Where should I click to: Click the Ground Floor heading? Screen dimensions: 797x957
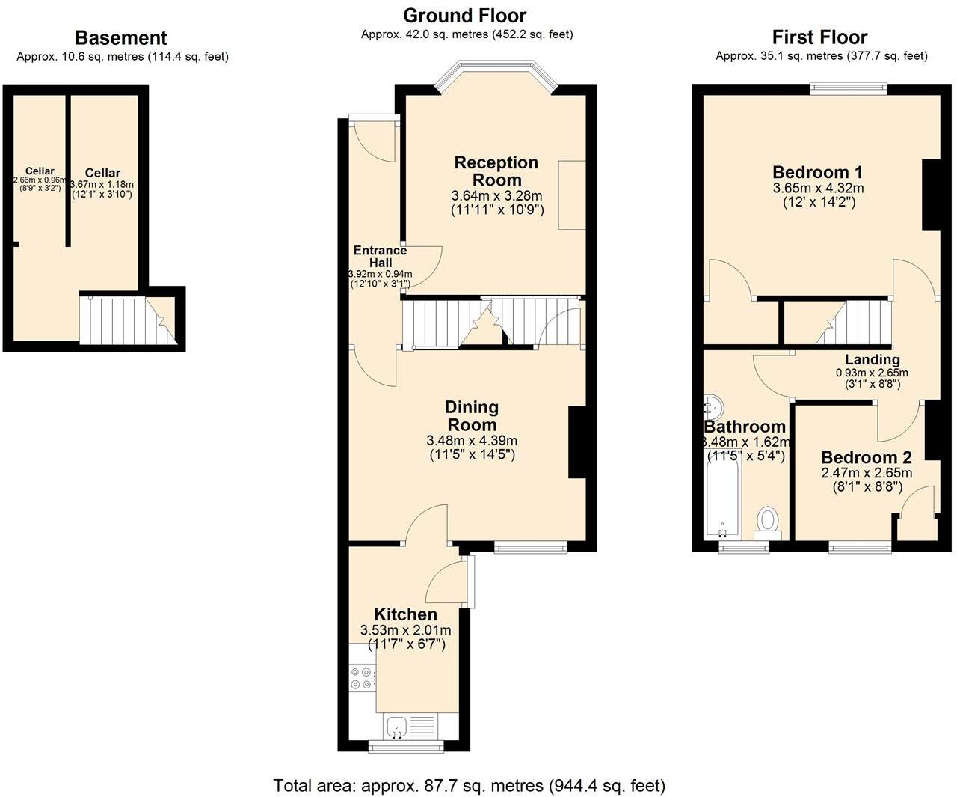pyautogui.click(x=464, y=16)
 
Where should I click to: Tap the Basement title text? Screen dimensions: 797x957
pyautogui.click(x=120, y=38)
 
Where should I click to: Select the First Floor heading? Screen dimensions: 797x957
pyautogui.click(x=819, y=37)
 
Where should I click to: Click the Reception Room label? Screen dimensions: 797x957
pyautogui.click(x=496, y=171)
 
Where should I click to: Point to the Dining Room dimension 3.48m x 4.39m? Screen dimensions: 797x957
pyautogui.click(x=472, y=440)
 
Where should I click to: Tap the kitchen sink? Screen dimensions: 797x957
pyautogui.click(x=396, y=725)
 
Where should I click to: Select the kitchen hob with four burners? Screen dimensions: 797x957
pyautogui.click(x=362, y=678)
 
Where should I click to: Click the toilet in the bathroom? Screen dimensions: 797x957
pyautogui.click(x=768, y=519)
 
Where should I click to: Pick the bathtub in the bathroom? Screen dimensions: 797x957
pyautogui.click(x=722, y=498)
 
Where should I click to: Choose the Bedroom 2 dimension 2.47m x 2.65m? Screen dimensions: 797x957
pyautogui.click(x=867, y=473)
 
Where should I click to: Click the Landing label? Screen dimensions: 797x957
pyautogui.click(x=872, y=360)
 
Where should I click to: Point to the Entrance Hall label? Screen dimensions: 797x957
pyautogui.click(x=380, y=257)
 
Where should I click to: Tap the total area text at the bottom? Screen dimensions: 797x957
pyautogui.click(x=469, y=785)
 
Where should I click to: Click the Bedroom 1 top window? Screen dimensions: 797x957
pyautogui.click(x=849, y=88)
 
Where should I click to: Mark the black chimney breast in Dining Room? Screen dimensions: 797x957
pyautogui.click(x=576, y=442)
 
